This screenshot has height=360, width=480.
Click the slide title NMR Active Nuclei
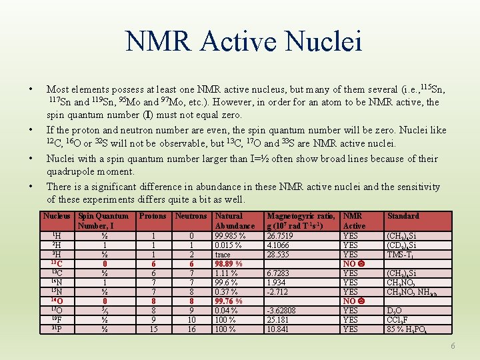(244, 41)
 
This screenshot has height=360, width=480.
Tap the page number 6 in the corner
(453, 346)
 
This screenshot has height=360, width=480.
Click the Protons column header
(153, 216)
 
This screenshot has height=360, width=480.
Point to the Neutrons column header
(191, 216)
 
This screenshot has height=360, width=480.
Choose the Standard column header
(403, 216)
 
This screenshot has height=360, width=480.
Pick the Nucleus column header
(57, 216)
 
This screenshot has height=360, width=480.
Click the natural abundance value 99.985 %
(230, 235)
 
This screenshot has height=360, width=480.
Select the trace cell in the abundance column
(224, 254)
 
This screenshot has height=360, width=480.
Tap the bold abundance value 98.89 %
(229, 264)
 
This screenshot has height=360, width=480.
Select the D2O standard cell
(394, 311)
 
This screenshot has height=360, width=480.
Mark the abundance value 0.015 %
(228, 245)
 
